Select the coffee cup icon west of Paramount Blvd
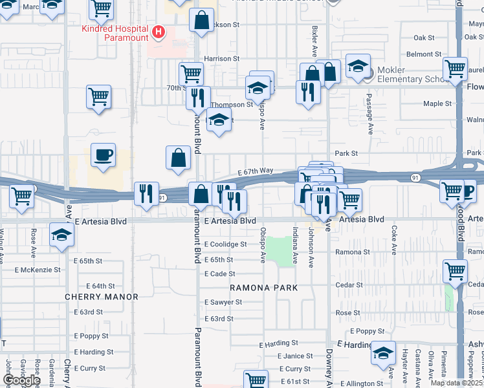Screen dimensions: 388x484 coord(103,156)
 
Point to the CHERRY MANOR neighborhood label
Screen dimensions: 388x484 coord(102,297)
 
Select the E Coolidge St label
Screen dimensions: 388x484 coord(225,244)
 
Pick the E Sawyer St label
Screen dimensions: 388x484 coord(223,303)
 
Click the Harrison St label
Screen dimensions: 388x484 coord(222,59)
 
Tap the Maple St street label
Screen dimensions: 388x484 coord(437,103)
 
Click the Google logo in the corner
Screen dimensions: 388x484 coord(21,380)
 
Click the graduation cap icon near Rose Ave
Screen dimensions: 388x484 coord(61,235)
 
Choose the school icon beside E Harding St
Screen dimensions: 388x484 coord(384,352)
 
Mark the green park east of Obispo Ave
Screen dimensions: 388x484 coord(280,251)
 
